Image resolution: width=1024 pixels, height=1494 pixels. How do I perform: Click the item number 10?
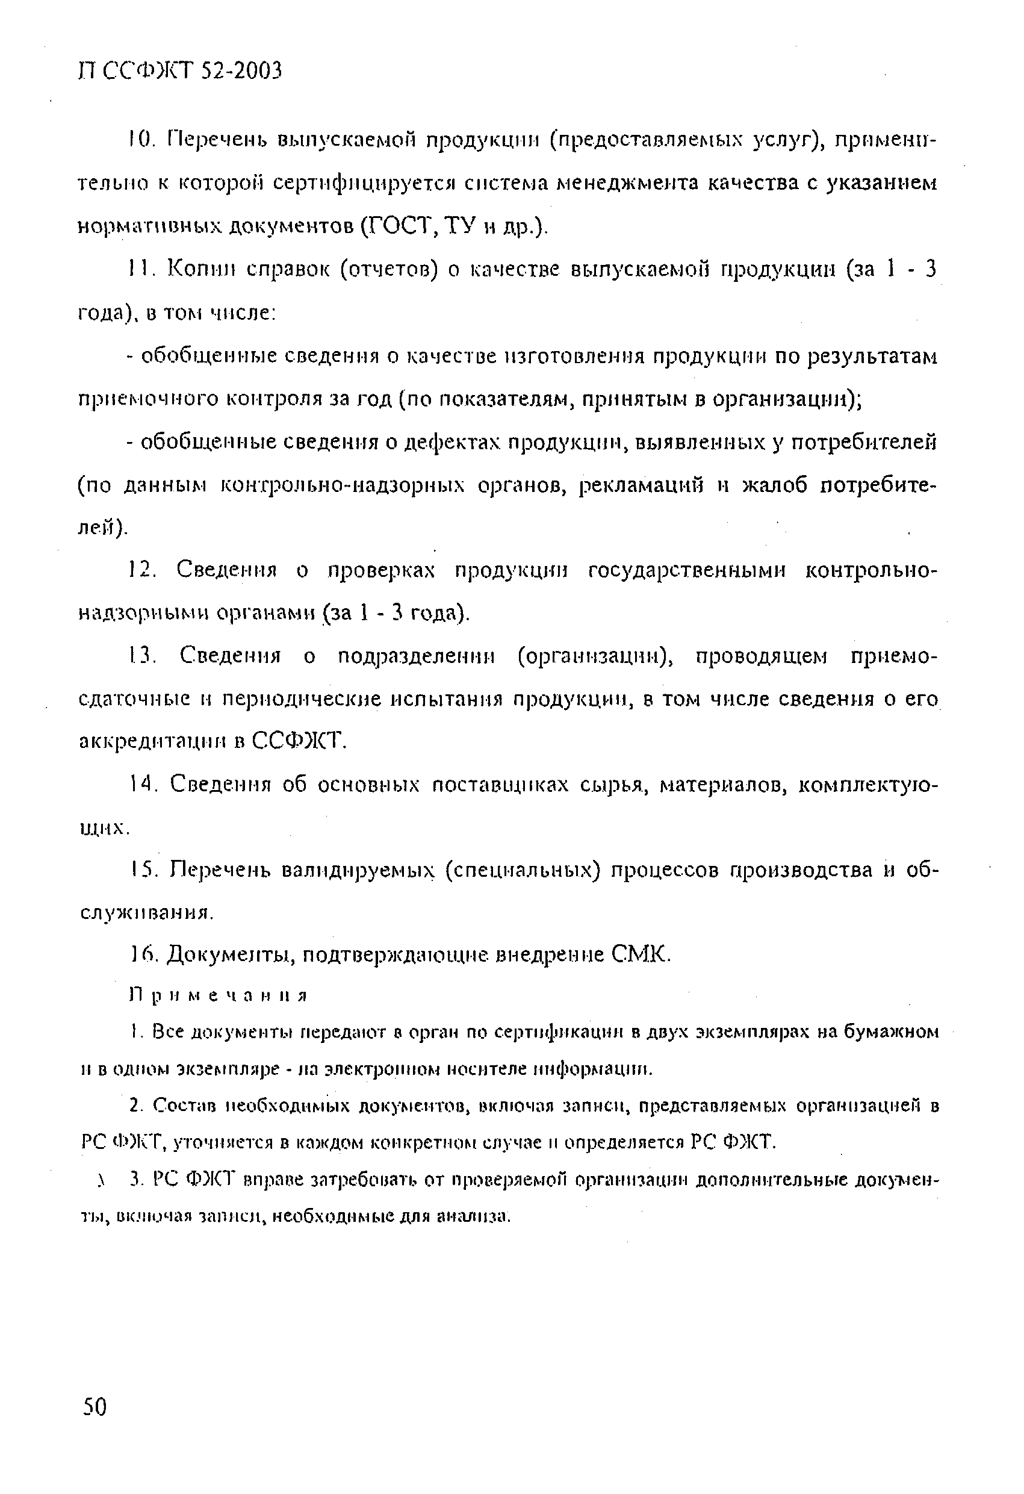(x=138, y=139)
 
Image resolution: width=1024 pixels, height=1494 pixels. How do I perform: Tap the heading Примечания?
(x=219, y=996)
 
